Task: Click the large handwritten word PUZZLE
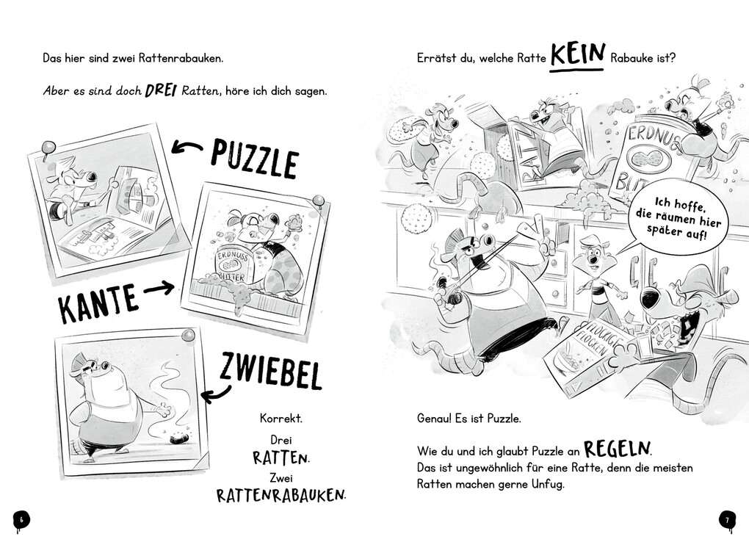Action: pos(254,158)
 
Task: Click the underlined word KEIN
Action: pos(578,55)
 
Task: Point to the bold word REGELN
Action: pos(618,449)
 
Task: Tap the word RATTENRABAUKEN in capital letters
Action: pos(281,495)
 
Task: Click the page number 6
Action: pos(21,519)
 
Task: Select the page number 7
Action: pos(727,520)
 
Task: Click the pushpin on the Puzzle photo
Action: pos(48,148)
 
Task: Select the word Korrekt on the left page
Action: pos(281,419)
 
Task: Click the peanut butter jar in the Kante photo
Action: pos(234,266)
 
